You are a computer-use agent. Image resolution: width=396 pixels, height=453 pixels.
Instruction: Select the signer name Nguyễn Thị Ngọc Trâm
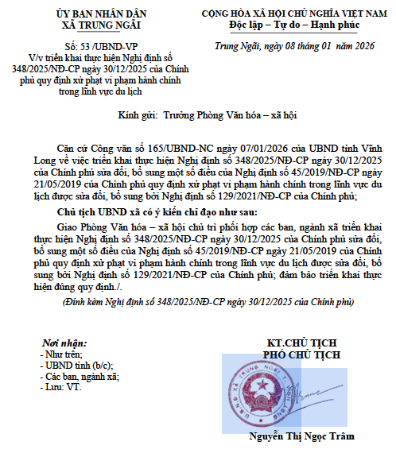pyautogui.click(x=301, y=436)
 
